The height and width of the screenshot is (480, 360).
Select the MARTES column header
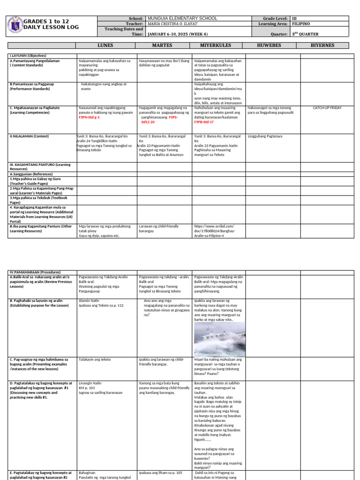point(162,45)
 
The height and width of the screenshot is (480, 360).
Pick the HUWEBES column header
point(272,45)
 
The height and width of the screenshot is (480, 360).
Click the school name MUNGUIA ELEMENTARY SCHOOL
point(182,18)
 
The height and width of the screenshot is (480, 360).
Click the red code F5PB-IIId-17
point(204,121)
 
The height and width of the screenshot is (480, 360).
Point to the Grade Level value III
point(294,18)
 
